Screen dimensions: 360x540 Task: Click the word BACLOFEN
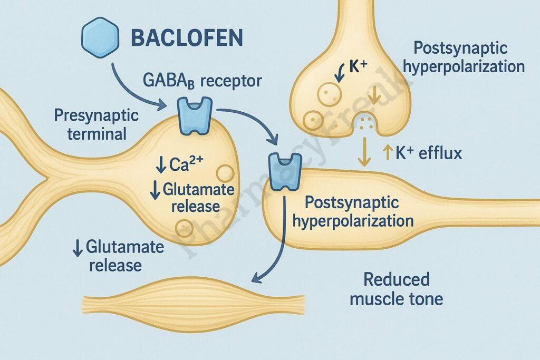[187, 38]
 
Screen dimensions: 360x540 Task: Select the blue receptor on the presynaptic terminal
[195, 115]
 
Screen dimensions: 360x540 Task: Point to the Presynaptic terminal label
[97, 124]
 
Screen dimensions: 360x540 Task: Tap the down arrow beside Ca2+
[160, 165]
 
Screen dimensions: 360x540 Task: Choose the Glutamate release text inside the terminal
[191, 197]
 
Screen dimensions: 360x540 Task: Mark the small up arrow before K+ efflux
[386, 153]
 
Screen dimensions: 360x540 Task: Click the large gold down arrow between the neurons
[363, 152]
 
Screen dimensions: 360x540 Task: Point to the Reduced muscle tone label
[397, 289]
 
